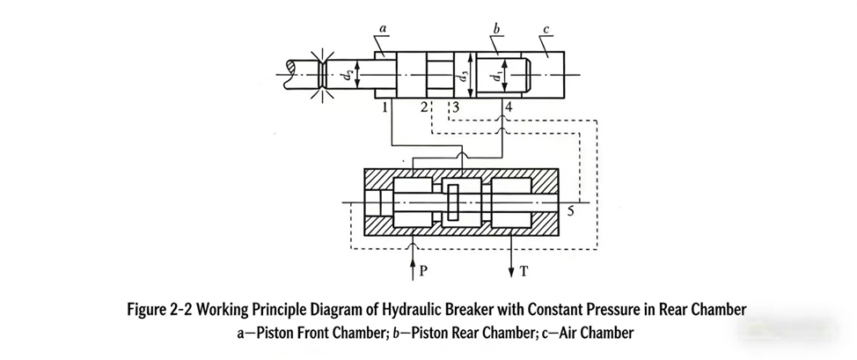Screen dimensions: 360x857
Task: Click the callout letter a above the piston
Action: (383, 29)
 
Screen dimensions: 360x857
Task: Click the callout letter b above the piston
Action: (498, 29)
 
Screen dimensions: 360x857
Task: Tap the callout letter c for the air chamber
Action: (547, 30)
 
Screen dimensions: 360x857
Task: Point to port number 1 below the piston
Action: (385, 107)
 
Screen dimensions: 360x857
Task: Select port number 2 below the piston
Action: (423, 107)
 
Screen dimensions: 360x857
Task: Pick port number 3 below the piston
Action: (455, 107)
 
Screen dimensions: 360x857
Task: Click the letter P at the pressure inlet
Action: (422, 271)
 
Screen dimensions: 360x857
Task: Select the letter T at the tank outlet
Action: (525, 271)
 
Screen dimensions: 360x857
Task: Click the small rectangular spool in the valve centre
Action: (453, 203)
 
